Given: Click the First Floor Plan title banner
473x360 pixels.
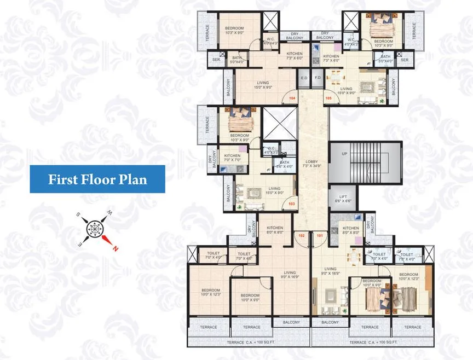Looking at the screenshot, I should click(x=97, y=179).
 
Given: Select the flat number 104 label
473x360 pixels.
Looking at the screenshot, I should click(x=292, y=98).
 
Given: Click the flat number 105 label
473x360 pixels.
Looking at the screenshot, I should click(x=328, y=98).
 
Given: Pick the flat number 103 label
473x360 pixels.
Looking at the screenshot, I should click(x=292, y=204).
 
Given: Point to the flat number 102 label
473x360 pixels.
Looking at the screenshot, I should click(x=301, y=235).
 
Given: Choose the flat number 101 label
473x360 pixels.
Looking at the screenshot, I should click(x=320, y=235).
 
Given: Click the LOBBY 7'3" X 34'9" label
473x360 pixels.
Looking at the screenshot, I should click(x=312, y=163).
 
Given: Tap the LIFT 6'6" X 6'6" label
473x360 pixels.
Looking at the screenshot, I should click(x=342, y=199).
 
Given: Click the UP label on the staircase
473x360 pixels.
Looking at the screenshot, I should click(x=344, y=154).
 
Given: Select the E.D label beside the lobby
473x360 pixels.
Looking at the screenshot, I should click(x=304, y=78).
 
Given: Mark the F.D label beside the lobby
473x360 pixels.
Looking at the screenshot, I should click(x=318, y=78).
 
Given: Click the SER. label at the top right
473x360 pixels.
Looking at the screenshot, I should click(x=405, y=60).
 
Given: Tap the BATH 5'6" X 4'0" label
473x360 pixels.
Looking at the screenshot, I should click(x=284, y=164).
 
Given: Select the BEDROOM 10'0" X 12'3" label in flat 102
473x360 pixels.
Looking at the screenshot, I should click(x=210, y=292).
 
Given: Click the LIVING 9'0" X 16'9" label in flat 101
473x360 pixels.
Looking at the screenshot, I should click(x=330, y=271).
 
